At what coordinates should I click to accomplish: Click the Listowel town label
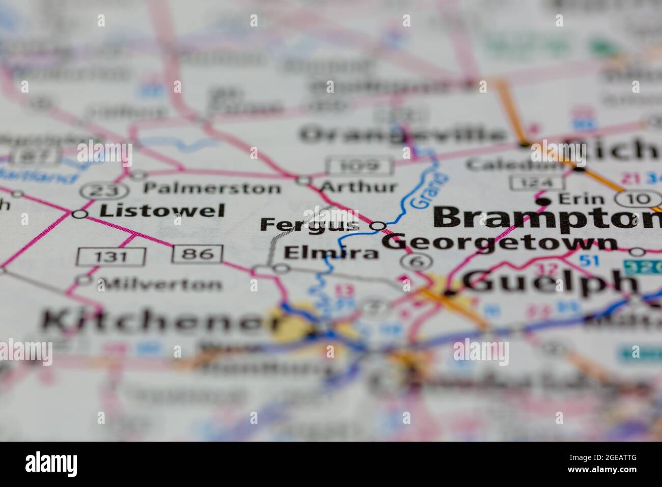(162, 211)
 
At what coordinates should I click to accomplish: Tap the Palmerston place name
(212, 188)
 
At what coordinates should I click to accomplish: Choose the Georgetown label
(499, 242)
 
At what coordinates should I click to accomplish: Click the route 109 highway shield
(361, 166)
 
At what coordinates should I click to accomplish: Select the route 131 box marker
(112, 256)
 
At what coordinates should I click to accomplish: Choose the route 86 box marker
(197, 254)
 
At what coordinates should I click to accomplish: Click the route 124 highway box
(536, 182)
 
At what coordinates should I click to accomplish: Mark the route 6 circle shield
(416, 262)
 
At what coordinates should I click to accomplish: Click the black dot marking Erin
(545, 202)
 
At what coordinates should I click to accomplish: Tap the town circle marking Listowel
(79, 214)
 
